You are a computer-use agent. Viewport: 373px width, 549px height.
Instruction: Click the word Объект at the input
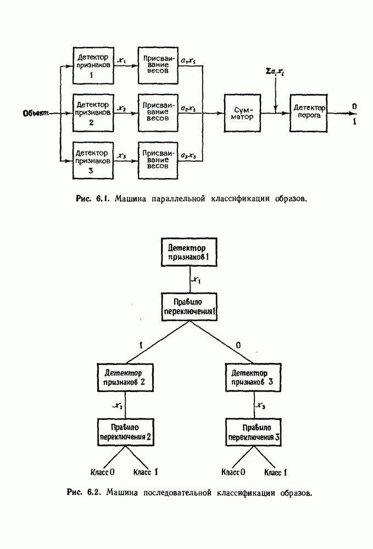[36, 114]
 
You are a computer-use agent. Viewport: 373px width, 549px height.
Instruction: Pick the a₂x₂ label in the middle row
[188, 110]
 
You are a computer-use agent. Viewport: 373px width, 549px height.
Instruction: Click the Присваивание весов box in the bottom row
[158, 160]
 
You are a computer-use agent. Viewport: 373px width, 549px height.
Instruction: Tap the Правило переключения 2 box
[125, 432]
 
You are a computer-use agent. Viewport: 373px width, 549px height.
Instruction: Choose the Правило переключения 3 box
[254, 432]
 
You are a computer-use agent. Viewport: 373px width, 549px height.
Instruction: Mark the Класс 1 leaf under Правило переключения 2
[145, 472]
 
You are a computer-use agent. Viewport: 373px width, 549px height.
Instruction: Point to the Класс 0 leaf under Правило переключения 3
[233, 472]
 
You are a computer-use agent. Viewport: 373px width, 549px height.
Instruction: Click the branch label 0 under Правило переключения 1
[237, 345]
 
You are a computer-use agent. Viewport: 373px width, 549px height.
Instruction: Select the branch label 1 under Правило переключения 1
[141, 345]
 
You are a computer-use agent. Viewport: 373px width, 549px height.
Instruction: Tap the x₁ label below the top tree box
[196, 280]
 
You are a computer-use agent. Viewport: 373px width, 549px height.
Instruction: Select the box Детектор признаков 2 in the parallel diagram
[93, 113]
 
